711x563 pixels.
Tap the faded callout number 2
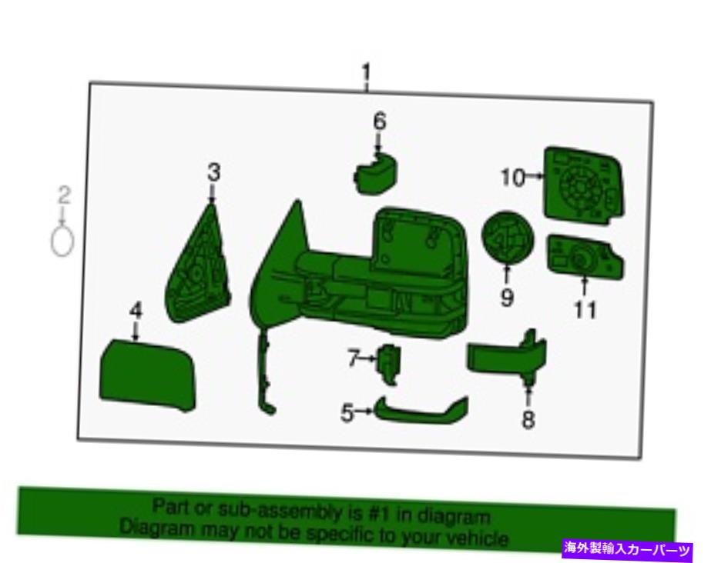[64, 195]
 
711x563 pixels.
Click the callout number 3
[213, 172]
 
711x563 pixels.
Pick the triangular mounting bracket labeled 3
[198, 267]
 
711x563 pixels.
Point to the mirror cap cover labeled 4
[148, 375]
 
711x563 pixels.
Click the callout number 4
[136, 311]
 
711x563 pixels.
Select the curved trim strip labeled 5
[421, 411]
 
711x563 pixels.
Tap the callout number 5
[347, 413]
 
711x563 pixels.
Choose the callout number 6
[380, 121]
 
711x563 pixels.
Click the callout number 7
[354, 359]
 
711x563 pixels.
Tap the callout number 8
[528, 419]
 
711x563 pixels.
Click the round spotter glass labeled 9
[508, 238]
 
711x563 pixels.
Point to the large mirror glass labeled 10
[584, 184]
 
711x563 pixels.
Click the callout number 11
[585, 311]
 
